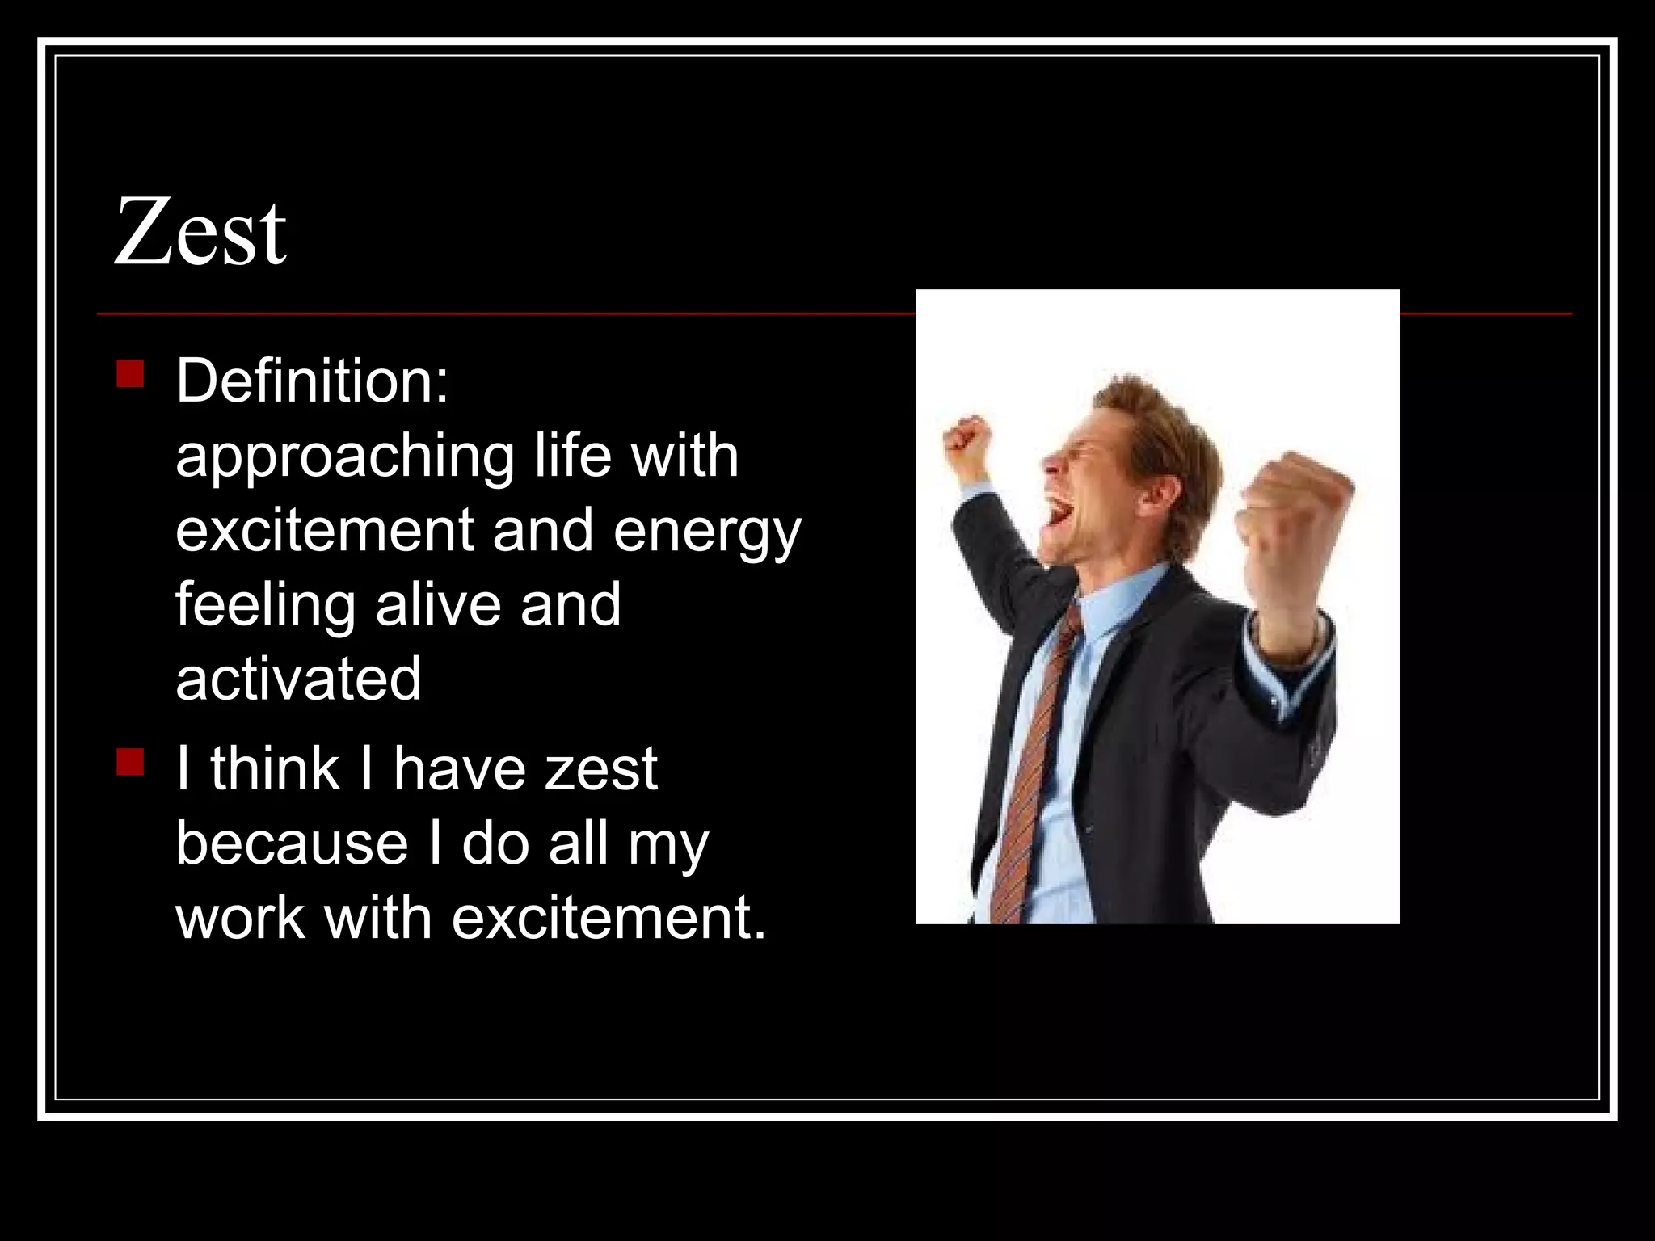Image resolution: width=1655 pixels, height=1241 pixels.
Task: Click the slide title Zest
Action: point(200,233)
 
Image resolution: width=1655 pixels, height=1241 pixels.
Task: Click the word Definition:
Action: point(312,381)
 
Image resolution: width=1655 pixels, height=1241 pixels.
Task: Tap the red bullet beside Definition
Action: point(130,374)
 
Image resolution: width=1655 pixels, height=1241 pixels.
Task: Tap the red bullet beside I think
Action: point(130,762)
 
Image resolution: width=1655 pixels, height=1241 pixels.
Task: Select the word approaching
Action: point(344,457)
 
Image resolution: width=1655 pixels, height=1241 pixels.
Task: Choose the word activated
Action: point(298,679)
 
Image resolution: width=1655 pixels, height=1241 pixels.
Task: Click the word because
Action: point(292,844)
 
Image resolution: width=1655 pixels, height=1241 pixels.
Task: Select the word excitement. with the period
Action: point(608,919)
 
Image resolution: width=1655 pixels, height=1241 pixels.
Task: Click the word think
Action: point(275,769)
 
